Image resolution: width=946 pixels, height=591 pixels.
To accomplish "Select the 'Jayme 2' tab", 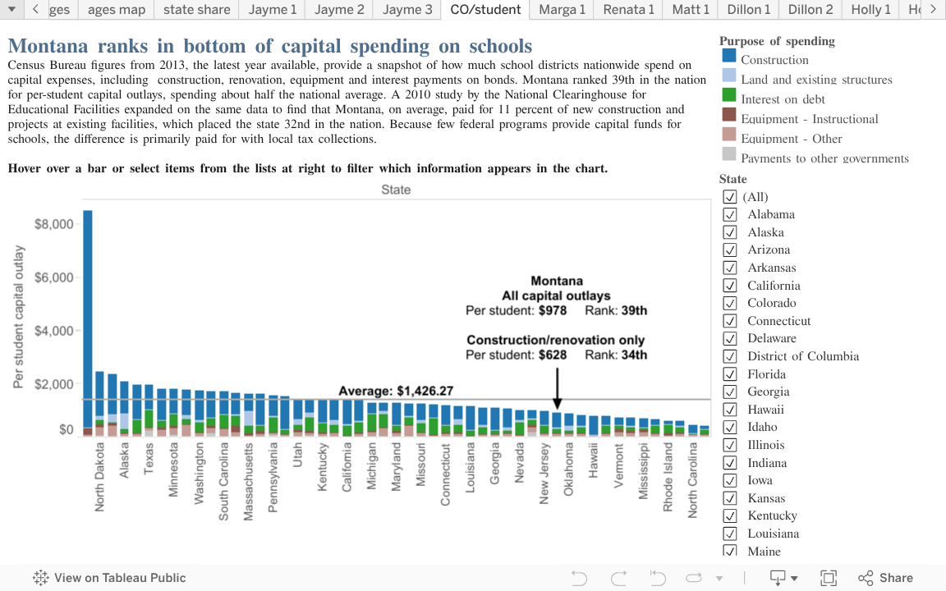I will (338, 10).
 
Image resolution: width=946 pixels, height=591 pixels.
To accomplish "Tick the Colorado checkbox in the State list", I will (729, 303).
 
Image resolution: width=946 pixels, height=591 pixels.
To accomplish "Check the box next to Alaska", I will (729, 232).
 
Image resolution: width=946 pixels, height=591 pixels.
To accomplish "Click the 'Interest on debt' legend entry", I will (783, 99).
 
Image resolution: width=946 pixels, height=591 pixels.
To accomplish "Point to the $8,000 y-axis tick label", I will (54, 224).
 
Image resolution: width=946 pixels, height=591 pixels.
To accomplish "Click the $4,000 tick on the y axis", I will (54, 331).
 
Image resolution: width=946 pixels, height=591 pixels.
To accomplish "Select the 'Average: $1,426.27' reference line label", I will (396, 392).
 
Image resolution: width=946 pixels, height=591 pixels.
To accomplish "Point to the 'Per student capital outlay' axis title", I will (20, 316).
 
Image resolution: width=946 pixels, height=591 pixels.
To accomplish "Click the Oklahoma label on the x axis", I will (569, 470).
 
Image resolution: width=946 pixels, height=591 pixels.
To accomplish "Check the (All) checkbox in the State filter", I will (729, 197).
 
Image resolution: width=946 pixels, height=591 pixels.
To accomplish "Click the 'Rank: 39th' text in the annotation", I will (616, 311).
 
